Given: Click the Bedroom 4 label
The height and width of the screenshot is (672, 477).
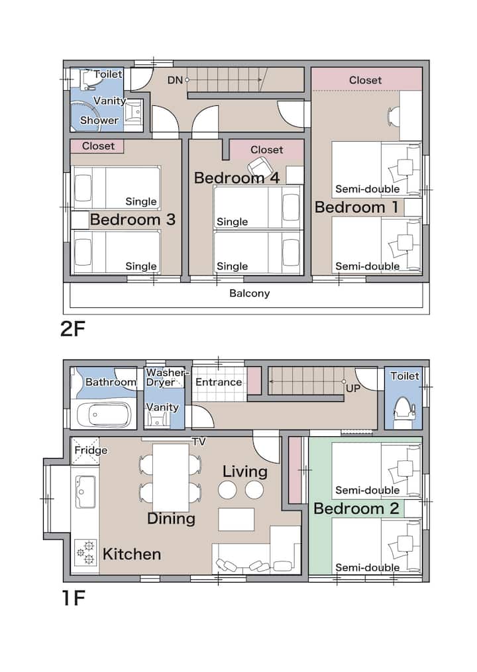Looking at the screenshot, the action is pos(237,178).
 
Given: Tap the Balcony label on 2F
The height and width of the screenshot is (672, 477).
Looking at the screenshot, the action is pos(250,293).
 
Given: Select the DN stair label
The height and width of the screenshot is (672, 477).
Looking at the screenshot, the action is pos(175,80).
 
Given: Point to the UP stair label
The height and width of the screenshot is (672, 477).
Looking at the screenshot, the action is pos(353,388).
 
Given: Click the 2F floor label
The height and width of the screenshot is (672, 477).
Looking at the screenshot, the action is pos(73,329).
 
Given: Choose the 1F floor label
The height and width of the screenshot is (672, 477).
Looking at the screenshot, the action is pos(74,597).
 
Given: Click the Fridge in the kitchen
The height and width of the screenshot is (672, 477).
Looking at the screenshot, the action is pos(85,451).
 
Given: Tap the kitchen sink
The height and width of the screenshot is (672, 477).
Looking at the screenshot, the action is pos(85,491).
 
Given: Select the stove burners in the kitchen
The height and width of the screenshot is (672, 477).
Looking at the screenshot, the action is pos(85,552).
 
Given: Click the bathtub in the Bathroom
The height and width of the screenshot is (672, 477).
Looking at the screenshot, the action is pos(103,414).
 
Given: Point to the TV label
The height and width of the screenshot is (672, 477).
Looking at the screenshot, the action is pos(199,442).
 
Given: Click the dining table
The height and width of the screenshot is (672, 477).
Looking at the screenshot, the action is pos(171,477).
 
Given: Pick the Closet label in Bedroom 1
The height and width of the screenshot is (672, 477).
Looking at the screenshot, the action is pos(366,80).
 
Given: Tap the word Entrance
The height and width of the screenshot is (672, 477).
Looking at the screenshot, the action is pos(219,382).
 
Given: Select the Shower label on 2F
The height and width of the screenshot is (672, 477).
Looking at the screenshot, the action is pos(99,120).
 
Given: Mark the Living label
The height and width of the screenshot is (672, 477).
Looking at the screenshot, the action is pos(245,472).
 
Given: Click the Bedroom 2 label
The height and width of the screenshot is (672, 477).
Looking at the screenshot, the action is pos(356,508).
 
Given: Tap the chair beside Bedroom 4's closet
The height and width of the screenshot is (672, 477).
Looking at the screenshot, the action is pos(258,167).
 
